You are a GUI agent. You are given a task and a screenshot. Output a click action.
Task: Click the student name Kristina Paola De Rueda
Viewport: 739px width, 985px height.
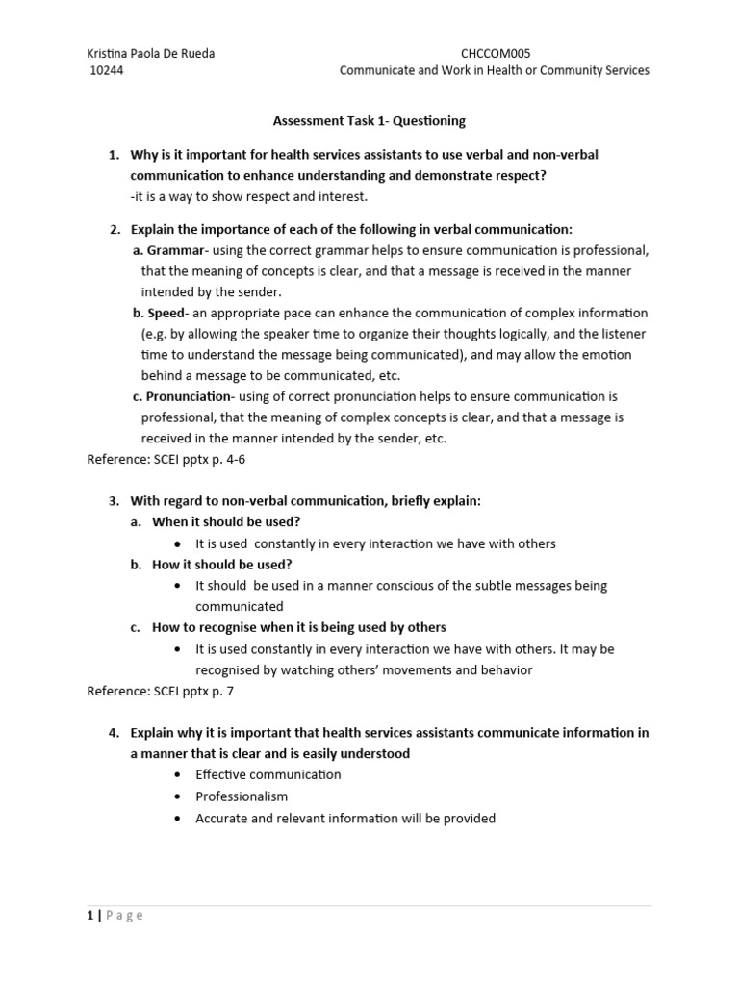(x=151, y=54)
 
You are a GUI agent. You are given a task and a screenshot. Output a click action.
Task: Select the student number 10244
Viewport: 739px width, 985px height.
(x=106, y=71)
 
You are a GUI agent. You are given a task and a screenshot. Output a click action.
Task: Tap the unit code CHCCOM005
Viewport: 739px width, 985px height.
(x=495, y=54)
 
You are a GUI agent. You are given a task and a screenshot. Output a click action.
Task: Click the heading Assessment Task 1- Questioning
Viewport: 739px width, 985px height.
(x=369, y=121)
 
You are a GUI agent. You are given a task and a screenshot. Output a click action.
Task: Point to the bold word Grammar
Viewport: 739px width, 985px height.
(x=175, y=251)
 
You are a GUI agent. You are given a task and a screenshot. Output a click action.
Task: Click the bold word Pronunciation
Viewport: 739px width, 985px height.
(x=189, y=396)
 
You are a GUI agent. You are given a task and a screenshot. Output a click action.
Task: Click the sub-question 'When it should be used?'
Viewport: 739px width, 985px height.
(x=226, y=522)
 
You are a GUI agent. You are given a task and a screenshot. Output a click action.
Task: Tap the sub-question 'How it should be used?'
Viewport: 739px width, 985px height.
(x=221, y=565)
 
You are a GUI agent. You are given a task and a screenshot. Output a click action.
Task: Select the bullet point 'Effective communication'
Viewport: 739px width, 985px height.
(x=268, y=774)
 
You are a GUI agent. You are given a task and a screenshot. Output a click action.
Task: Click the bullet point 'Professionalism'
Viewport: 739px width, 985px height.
(x=242, y=796)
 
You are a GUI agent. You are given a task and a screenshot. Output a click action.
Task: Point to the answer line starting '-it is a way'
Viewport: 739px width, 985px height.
(x=249, y=197)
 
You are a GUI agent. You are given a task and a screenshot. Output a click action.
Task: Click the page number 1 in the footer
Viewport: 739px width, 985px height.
(x=90, y=916)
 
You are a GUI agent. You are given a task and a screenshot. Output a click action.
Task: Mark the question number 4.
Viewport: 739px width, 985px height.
(x=113, y=733)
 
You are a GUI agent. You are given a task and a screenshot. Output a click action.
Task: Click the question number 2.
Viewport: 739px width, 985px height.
(x=113, y=229)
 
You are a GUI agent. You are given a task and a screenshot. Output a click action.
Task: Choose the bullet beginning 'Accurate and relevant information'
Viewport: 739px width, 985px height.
(x=344, y=819)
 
